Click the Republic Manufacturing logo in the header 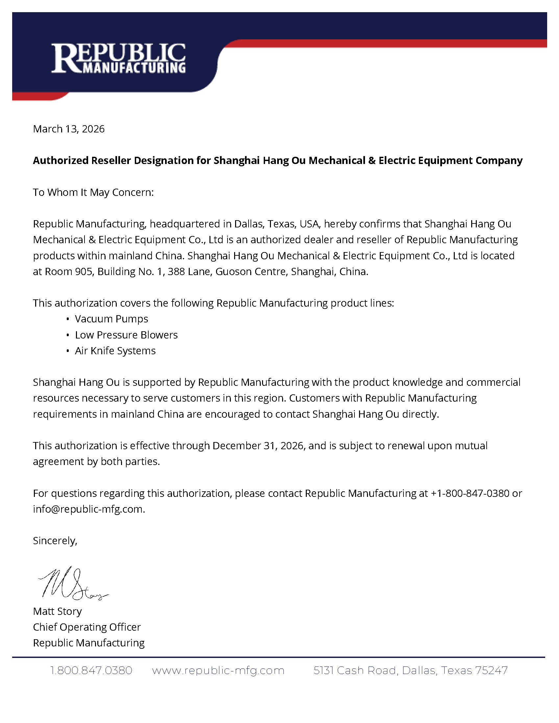coord(118,58)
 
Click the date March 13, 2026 coord(68,129)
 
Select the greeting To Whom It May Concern coord(93,192)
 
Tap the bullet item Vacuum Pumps coord(111,319)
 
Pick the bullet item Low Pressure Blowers coord(126,335)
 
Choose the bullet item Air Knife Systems coord(115,351)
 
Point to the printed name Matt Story coord(57,611)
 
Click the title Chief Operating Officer coord(87,627)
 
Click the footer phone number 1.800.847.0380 coord(91,670)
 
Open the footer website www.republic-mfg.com coord(218,670)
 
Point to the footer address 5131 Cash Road coord(356,670)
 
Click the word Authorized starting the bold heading coord(61,161)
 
